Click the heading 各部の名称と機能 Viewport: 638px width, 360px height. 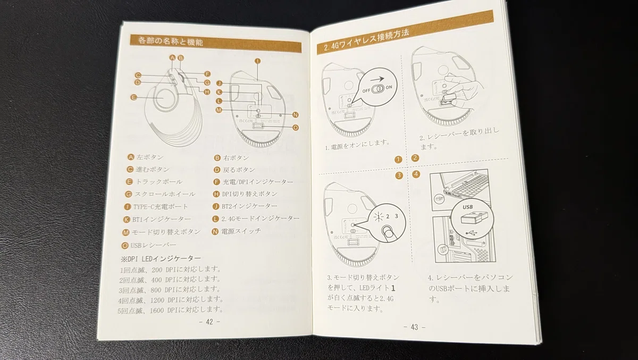[x=170, y=41]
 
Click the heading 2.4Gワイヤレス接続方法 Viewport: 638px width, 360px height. [x=366, y=40]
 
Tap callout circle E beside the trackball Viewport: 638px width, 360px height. [x=133, y=97]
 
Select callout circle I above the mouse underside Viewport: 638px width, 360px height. [x=257, y=61]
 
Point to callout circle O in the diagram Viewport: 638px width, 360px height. [x=296, y=128]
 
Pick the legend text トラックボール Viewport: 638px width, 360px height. [x=159, y=182]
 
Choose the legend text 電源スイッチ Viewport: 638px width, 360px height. [x=241, y=231]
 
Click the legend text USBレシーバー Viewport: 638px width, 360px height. [x=153, y=245]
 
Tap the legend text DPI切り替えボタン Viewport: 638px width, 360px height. [x=250, y=194]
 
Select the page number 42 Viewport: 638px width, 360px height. [x=209, y=322]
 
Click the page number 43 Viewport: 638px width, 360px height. [x=414, y=327]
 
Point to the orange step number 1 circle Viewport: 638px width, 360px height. [x=398, y=160]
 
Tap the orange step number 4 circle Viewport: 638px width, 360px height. [x=416, y=174]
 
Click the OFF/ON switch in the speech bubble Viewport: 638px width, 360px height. [x=378, y=89]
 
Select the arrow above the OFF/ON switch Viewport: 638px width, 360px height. [x=377, y=79]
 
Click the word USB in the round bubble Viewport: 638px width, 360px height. [x=468, y=207]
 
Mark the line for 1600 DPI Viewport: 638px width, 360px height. [x=170, y=310]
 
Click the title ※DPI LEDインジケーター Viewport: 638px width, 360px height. [x=161, y=258]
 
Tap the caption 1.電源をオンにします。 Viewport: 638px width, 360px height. [x=357, y=145]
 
